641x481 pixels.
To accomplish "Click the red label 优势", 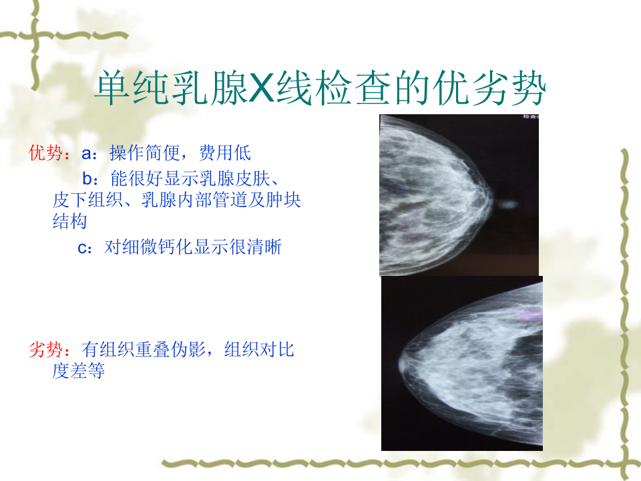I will (x=45, y=153).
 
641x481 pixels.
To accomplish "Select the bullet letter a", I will (x=86, y=154).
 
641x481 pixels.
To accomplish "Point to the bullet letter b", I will (x=87, y=179).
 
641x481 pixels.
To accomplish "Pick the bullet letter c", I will (x=83, y=248).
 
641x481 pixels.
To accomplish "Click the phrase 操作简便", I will (x=144, y=153).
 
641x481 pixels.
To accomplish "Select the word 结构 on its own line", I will (x=69, y=222).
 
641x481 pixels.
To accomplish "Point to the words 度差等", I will (x=79, y=371).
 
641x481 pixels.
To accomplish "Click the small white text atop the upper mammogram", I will (x=531, y=117).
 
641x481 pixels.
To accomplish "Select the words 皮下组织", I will (x=87, y=200).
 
